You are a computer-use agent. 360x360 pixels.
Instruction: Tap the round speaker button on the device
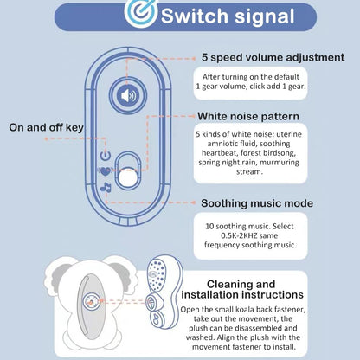(127, 95)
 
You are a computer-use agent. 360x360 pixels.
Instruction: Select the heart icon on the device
(106, 170)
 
